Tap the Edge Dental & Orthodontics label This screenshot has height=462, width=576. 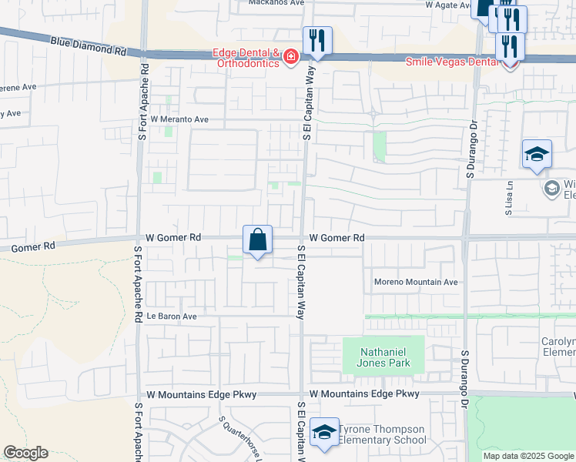tap(246, 58)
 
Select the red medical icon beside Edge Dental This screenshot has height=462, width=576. tap(291, 57)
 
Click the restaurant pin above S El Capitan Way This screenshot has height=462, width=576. tap(317, 42)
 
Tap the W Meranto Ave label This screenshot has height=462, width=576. tap(179, 120)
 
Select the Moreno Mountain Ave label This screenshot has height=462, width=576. tap(416, 283)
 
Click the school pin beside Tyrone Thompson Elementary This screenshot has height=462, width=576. tap(324, 432)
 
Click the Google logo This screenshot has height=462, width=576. tap(25, 453)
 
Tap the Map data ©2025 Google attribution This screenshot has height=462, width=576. tap(528, 456)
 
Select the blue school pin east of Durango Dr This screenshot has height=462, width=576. tap(537, 155)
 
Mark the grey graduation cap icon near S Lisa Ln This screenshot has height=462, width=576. tap(551, 188)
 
